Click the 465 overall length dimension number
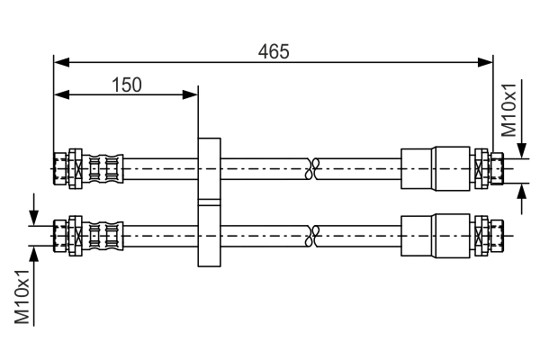coord(274,52)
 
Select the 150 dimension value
coord(126,85)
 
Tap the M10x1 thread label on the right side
coord(509,109)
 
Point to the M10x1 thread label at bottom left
coord(22,298)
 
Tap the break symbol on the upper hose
coord(313,166)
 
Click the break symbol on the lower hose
coord(313,236)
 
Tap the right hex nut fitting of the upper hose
coord(483,166)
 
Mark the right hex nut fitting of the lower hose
coord(483,236)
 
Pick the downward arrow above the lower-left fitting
coord(34,216)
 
